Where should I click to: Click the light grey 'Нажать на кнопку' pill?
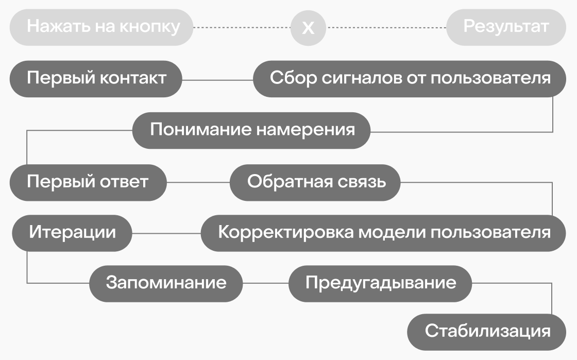[101, 27]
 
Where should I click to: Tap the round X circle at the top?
[308, 27]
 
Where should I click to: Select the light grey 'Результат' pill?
[506, 27]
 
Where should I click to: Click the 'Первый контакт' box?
[96, 79]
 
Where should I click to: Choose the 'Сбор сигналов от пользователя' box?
[410, 79]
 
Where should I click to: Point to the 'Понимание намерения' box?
[252, 130]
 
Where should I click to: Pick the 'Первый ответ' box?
[88, 182]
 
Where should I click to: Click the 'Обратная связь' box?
[315, 182]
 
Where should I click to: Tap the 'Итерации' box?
[72, 233]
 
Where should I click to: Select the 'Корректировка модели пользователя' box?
[384, 233]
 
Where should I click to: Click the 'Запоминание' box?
[166, 283]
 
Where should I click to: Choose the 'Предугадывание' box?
[381, 283]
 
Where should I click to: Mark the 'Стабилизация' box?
[487, 332]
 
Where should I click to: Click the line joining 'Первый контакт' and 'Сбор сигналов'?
[217, 80]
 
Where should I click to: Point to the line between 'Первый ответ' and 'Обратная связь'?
[198, 183]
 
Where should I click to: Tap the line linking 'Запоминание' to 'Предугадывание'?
[266, 283]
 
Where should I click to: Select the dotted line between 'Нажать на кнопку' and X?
[242, 27]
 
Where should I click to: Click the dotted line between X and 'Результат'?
[386, 27]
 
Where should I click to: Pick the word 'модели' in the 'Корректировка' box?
[392, 233]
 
